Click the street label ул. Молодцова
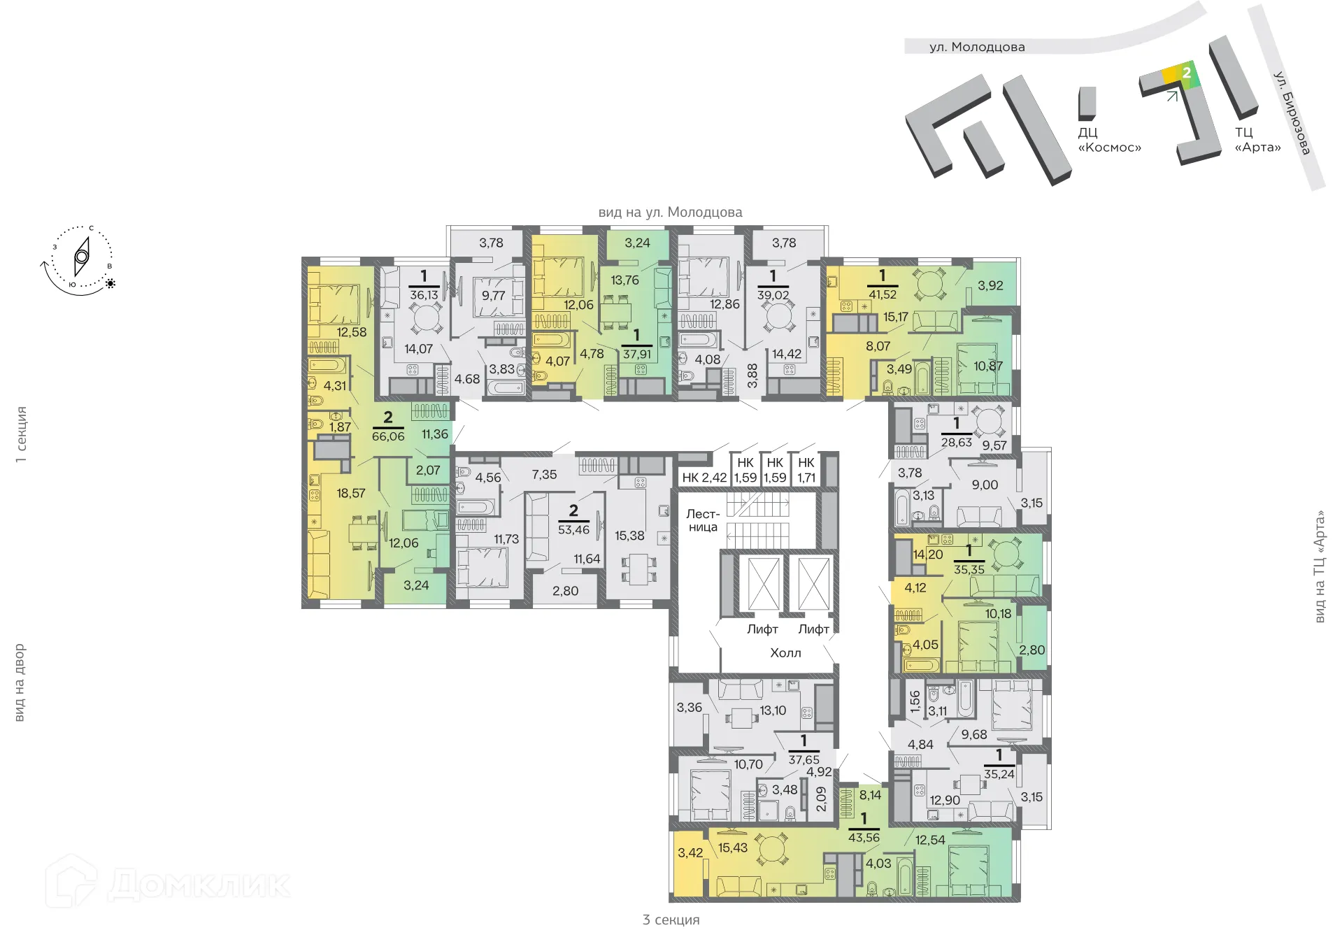click(977, 47)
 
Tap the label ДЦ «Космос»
click(1109, 140)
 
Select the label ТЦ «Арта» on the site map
click(1257, 140)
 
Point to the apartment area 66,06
click(388, 436)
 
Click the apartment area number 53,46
click(573, 529)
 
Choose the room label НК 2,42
click(704, 478)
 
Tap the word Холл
click(785, 652)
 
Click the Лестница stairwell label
click(703, 520)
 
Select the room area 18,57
click(350, 493)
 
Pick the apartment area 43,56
click(864, 837)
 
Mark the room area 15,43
click(732, 848)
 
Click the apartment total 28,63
click(956, 442)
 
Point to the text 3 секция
click(671, 920)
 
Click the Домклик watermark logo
click(168, 882)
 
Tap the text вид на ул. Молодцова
click(670, 212)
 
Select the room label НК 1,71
click(806, 470)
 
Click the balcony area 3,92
click(990, 285)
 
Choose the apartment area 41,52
click(882, 294)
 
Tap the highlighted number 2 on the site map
click(1186, 73)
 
